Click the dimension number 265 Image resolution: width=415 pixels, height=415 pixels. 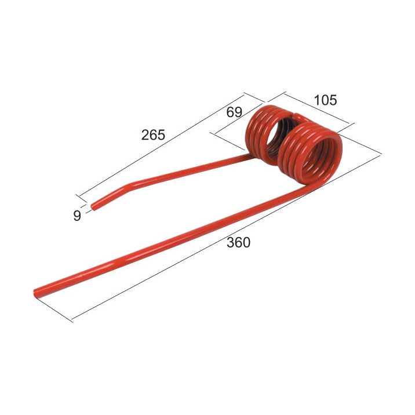153,134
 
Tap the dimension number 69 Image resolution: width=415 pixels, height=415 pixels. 234,112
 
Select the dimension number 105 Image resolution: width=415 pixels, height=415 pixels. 325,100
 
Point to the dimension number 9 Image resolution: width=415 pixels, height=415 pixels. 77,216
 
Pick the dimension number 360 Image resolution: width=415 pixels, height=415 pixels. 238,242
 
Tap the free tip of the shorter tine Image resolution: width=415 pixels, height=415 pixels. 95,204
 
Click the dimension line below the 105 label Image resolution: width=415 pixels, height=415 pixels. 317,110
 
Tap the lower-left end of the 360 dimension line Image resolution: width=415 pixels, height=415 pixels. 72,319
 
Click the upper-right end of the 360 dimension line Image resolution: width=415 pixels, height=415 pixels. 380,153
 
